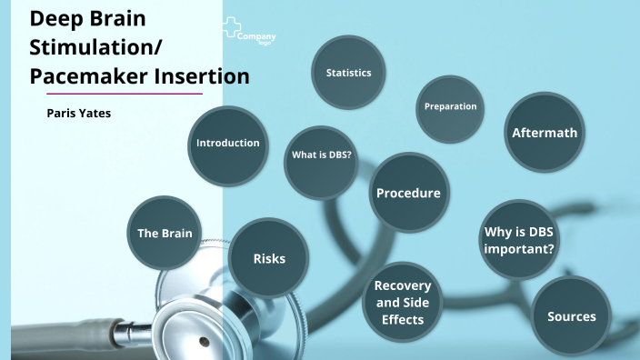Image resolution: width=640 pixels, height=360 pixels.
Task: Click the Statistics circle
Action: (x=349, y=73)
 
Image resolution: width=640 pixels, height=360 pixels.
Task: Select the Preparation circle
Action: (x=450, y=107)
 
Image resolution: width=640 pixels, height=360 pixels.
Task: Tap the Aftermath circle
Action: (x=544, y=133)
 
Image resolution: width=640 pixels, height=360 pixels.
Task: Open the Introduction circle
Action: (x=228, y=143)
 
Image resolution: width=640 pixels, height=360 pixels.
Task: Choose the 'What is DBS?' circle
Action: (x=321, y=155)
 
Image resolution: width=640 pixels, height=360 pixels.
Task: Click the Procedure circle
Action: (x=408, y=193)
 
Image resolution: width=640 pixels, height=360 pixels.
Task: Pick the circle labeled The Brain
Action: (x=165, y=234)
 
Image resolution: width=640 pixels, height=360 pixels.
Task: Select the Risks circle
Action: (x=269, y=259)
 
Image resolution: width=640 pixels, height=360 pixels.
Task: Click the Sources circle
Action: (x=571, y=316)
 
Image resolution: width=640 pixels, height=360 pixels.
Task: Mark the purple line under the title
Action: (x=124, y=94)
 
